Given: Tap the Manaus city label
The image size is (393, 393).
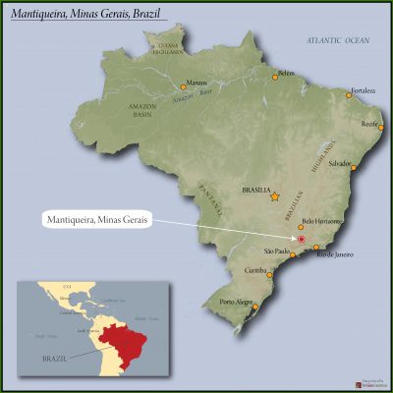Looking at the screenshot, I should (x=196, y=83).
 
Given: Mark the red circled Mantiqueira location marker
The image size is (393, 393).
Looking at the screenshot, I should (x=303, y=239).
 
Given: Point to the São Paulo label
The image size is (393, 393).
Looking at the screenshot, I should (x=277, y=251).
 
